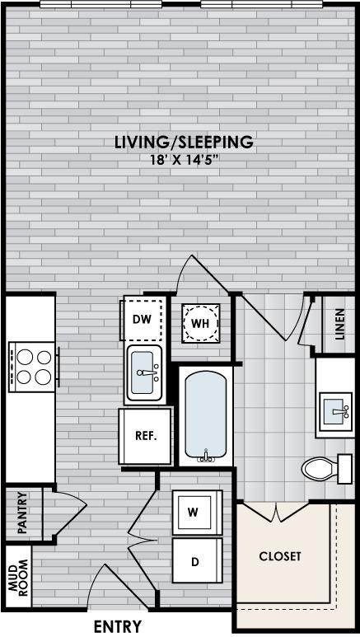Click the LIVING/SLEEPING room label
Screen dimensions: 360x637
pyautogui.click(x=185, y=143)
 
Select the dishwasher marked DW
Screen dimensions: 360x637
pyautogui.click(x=143, y=318)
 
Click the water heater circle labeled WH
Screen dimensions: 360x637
pyautogui.click(x=200, y=323)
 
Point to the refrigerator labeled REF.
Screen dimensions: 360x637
pyautogui.click(x=146, y=436)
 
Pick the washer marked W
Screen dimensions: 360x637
pyautogui.click(x=198, y=513)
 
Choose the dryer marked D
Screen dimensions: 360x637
pyautogui.click(x=198, y=560)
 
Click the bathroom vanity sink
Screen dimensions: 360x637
pyautogui.click(x=335, y=411)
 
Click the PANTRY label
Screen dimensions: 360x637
pyautogui.click(x=23, y=513)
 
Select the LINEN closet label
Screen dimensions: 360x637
pyautogui.click(x=340, y=324)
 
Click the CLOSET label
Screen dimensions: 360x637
pyautogui.click(x=280, y=556)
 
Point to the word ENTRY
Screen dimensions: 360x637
pyautogui.click(x=118, y=626)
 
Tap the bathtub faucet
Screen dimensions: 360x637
pyautogui.click(x=206, y=457)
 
